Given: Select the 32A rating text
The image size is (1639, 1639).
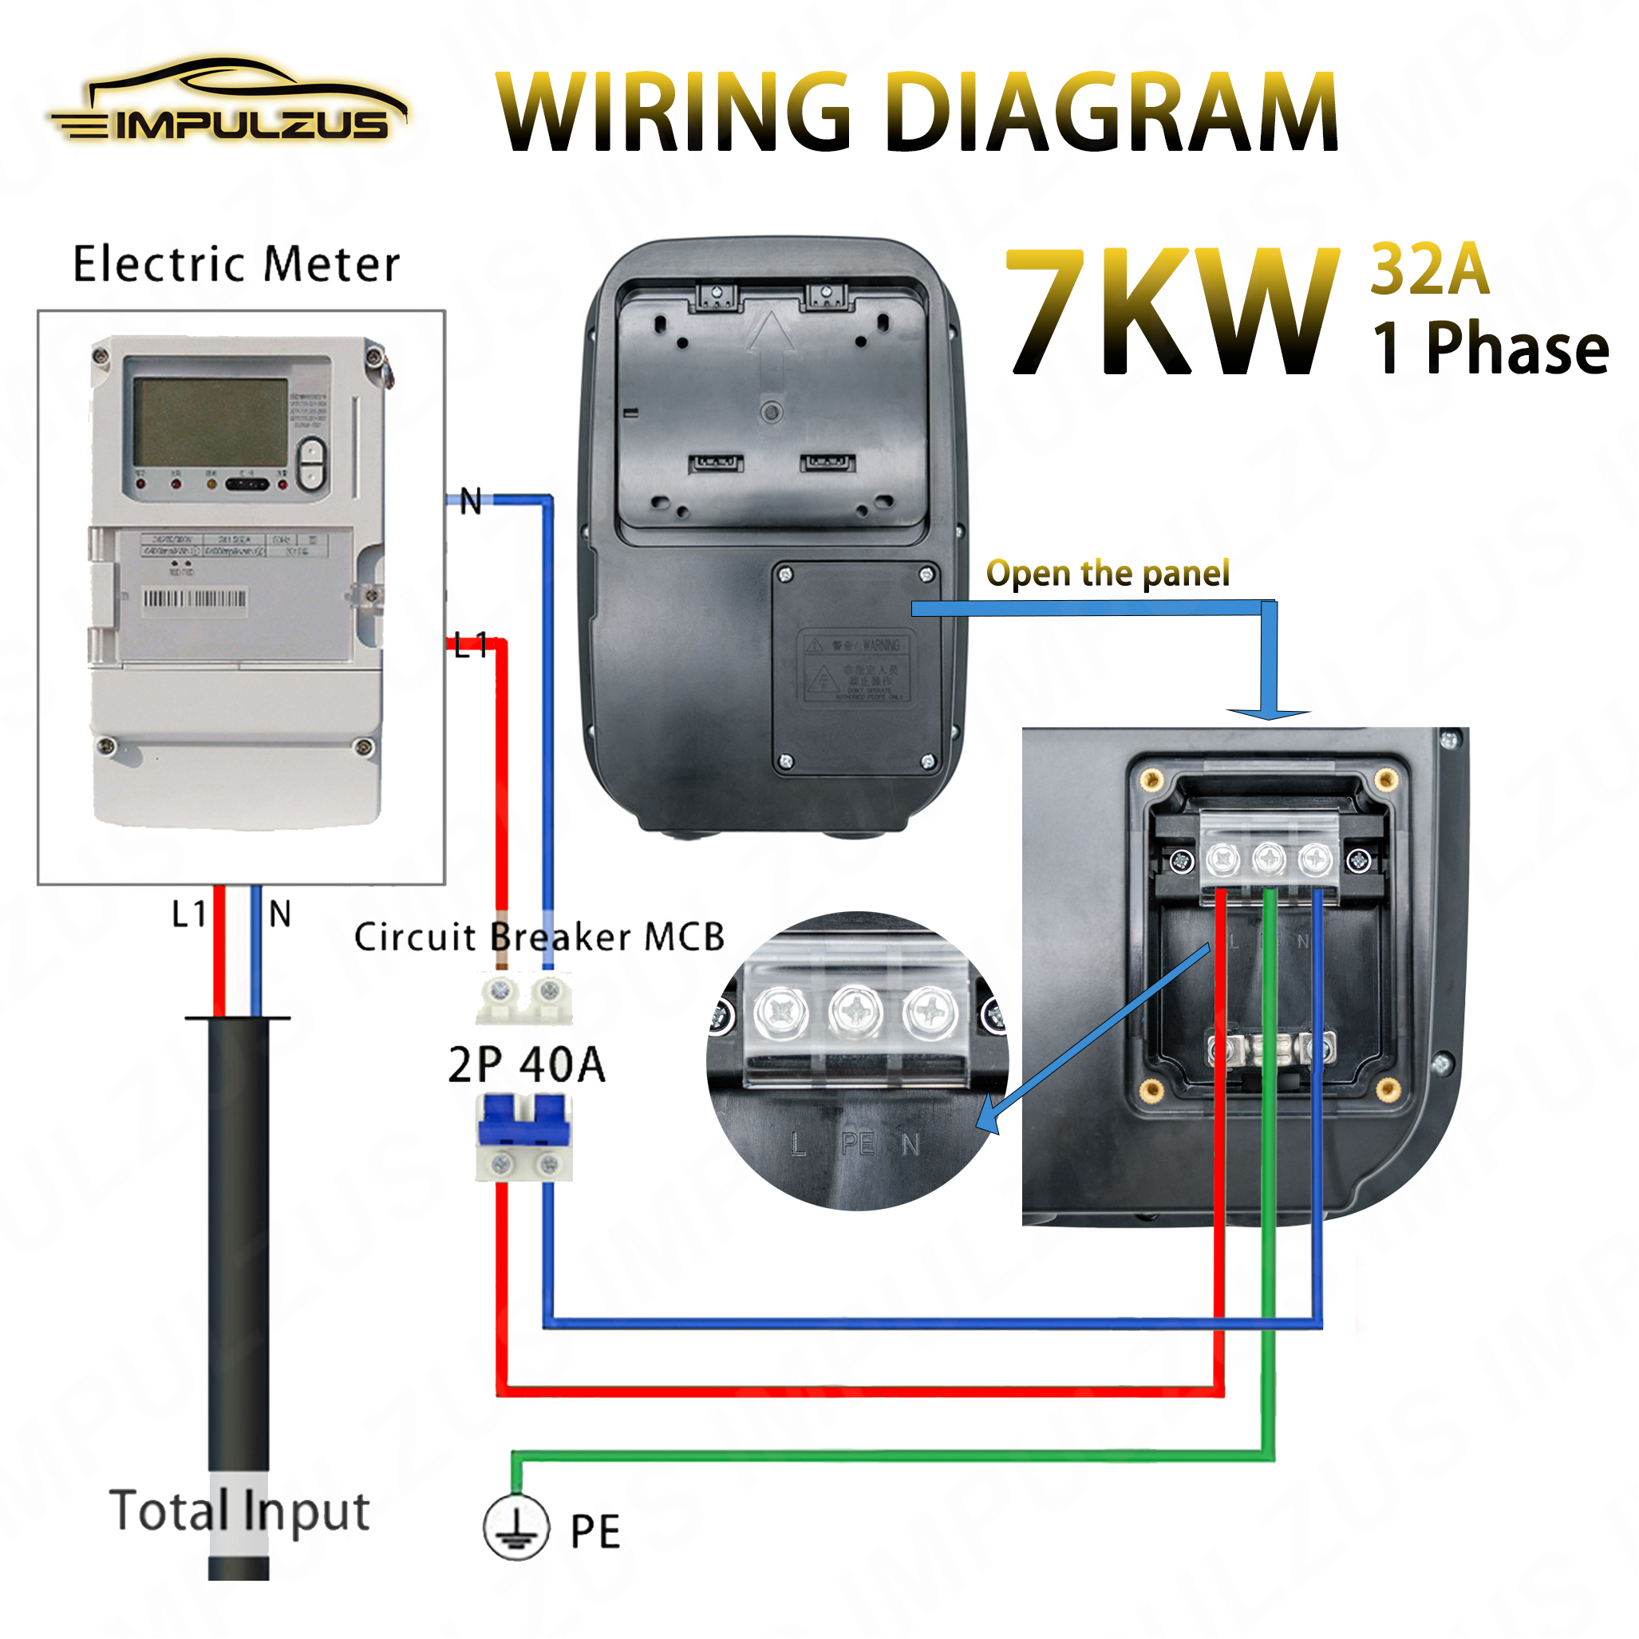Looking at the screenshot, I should [1430, 270].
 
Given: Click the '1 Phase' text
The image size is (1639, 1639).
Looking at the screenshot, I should [1490, 349].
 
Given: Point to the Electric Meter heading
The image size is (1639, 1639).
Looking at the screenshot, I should [236, 265].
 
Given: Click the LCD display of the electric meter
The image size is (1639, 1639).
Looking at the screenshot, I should [211, 421].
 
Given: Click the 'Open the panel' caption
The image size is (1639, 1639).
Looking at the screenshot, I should [1107, 575].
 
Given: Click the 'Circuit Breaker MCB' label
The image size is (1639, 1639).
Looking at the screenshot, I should [539, 938].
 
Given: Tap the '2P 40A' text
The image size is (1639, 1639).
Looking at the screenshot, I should [527, 1064].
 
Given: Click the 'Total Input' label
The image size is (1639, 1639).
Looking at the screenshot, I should [239, 1511].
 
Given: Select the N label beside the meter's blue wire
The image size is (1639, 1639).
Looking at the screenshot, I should [471, 501].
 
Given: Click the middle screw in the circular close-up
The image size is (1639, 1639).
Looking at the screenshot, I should [856, 1011].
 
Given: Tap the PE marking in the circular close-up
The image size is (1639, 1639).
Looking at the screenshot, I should [858, 1143].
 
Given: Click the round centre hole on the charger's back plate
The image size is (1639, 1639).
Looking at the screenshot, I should [771, 413].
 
